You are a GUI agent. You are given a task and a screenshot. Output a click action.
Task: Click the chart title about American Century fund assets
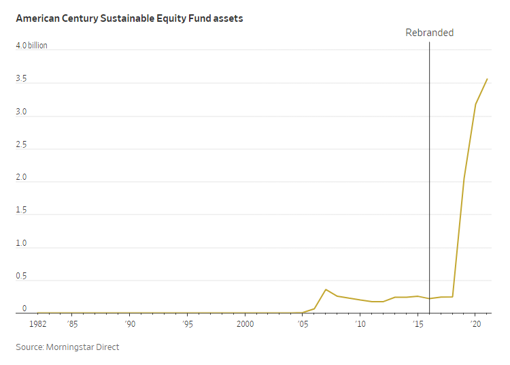click(129, 18)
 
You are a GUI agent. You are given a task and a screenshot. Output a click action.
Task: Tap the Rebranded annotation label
click(429, 33)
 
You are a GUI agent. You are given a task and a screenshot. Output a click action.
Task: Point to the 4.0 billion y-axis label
click(31, 46)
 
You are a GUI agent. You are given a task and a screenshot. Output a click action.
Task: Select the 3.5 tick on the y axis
click(21, 79)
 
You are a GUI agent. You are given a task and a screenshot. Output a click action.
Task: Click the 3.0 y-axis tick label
click(21, 112)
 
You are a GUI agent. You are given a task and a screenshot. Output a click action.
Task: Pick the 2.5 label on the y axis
click(21, 145)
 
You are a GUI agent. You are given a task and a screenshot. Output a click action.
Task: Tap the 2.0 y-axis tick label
click(21, 178)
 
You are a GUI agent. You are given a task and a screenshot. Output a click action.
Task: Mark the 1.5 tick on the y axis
click(21, 210)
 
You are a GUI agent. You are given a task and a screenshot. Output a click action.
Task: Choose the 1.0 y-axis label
click(21, 243)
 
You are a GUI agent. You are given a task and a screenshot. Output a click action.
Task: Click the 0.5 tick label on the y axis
click(21, 276)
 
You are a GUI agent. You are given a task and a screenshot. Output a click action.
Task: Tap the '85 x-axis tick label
click(71, 324)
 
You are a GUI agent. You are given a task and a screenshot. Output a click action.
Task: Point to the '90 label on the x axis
click(129, 324)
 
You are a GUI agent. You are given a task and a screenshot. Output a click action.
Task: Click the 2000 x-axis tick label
click(245, 324)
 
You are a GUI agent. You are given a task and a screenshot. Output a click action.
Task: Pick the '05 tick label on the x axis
click(303, 324)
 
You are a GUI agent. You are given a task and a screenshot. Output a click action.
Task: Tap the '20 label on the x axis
click(476, 324)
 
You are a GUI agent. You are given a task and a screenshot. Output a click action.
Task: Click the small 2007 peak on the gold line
click(326, 289)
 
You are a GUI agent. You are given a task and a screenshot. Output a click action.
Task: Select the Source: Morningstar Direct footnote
click(67, 347)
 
